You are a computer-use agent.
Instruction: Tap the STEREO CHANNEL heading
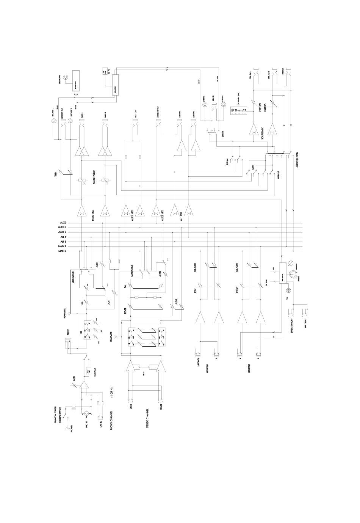147,419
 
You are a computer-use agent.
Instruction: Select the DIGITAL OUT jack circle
67,79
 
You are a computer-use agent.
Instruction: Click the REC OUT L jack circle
53,122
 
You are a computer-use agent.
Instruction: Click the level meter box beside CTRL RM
238,113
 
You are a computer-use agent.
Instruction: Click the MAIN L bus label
62,251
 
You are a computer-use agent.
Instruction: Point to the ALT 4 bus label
63,237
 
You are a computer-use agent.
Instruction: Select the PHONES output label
283,75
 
